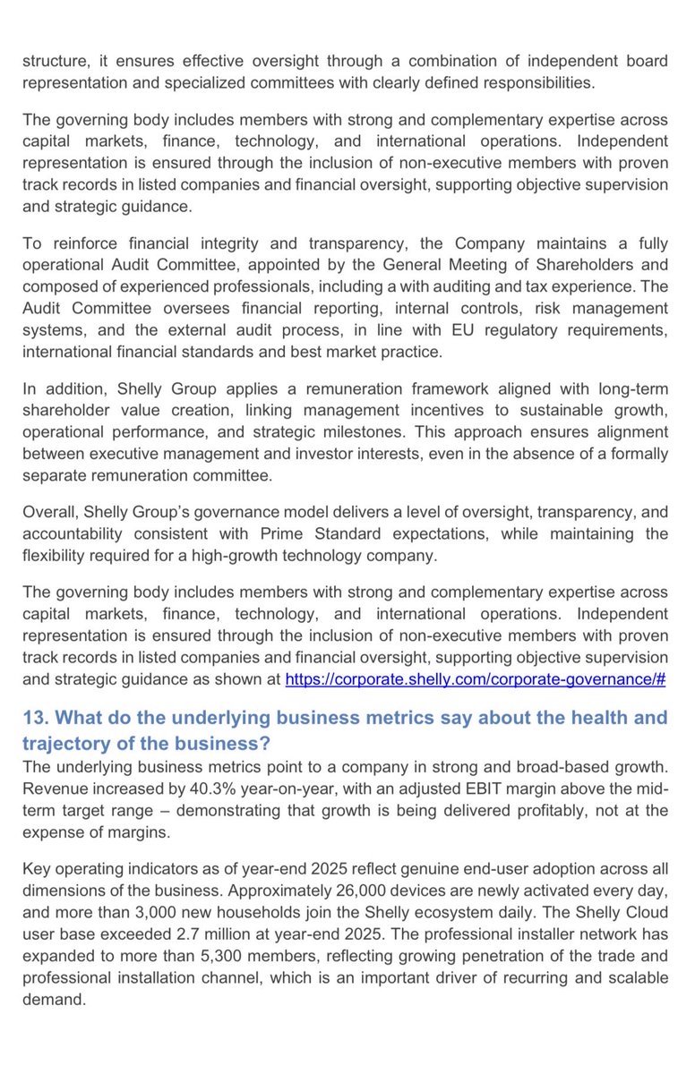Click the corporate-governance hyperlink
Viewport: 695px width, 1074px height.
tap(475, 679)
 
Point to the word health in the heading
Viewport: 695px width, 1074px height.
tap(572, 718)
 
